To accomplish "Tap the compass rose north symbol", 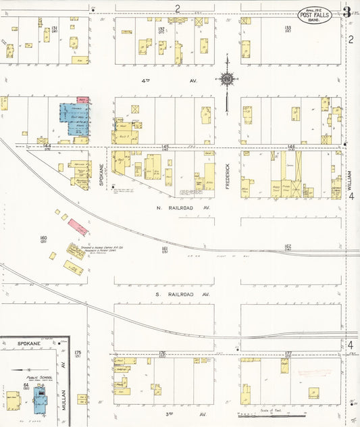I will tap(226, 80).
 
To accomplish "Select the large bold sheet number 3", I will tap(346, 11).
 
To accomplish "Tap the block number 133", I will tap(287, 28).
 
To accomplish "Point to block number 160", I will tap(43, 238).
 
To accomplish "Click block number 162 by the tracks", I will tap(287, 247).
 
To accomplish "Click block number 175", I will tap(78, 353).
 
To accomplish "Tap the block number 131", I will tap(55, 28).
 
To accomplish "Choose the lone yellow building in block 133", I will tap(246, 48).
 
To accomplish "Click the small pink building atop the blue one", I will tap(83, 100).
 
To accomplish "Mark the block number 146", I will tap(291, 147).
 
